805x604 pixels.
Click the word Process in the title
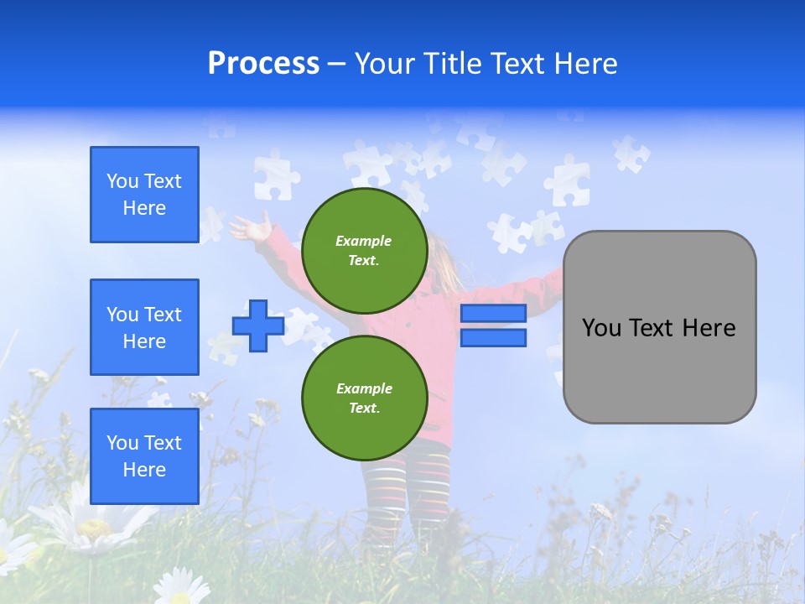coord(263,64)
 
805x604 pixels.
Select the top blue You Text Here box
coord(144,195)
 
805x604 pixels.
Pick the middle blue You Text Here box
coord(144,327)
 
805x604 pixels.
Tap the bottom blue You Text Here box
coord(144,456)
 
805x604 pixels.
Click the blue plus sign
coord(258,325)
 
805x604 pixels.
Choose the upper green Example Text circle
coord(364,250)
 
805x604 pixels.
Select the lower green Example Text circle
coord(364,398)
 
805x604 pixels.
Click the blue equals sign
coord(493,325)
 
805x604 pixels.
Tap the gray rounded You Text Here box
coord(659,327)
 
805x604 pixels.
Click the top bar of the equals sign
coord(493,313)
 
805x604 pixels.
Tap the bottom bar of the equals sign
coord(493,337)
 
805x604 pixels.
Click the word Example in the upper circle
coord(364,241)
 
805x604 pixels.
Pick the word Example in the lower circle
coord(364,388)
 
